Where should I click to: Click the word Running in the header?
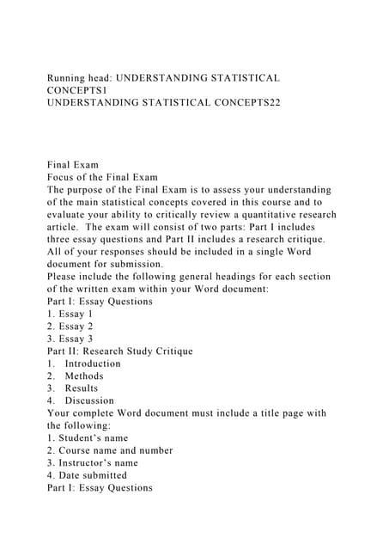pos(70,78)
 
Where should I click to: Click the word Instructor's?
pos(92,462)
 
